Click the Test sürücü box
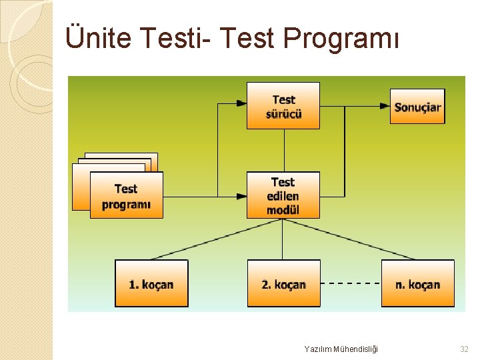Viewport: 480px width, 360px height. coord(283,105)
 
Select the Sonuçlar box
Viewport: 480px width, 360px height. coord(417,106)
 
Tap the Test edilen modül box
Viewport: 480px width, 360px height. coord(283,195)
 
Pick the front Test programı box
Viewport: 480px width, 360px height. coord(126,196)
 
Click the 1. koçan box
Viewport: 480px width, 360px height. coord(151,283)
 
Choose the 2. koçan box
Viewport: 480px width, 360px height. coord(283,283)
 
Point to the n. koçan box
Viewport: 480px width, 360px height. coord(417,283)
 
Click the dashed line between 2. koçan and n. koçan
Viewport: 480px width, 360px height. coord(351,283)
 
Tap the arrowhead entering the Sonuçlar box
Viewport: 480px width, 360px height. coord(385,105)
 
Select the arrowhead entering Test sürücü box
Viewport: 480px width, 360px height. coord(242,103)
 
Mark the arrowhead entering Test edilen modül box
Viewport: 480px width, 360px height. coord(242,196)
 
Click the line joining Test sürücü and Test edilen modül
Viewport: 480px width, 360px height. coord(284,150)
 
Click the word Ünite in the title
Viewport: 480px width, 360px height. coord(99,38)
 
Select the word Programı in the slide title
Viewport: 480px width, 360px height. coord(341,38)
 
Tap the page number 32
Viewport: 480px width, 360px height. coord(464,349)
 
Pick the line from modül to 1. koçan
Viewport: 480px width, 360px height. coord(213,240)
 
